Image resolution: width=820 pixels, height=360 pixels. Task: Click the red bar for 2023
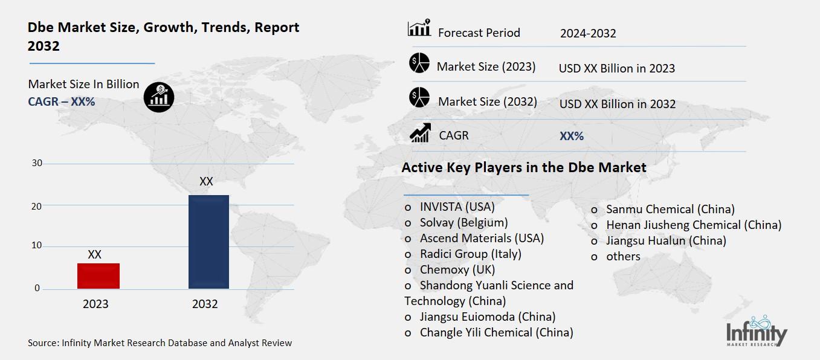[x=98, y=276]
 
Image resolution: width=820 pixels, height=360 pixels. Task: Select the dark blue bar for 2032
[x=208, y=242]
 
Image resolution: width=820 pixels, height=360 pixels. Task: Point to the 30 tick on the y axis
[x=37, y=163]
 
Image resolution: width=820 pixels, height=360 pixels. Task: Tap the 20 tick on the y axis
[x=37, y=206]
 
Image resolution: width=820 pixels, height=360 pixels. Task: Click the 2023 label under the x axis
[x=95, y=304]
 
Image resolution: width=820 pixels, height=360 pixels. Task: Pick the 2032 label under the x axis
[x=205, y=304]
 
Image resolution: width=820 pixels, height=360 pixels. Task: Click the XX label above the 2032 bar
[x=206, y=181]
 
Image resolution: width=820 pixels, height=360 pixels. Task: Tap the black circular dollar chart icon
[x=159, y=97]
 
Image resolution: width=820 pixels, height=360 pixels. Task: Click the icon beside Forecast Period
[x=419, y=28]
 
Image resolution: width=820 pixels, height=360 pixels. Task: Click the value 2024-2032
[x=588, y=33]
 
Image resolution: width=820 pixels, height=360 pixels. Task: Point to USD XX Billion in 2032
[x=617, y=104]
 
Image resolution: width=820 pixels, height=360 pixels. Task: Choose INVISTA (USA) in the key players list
[x=457, y=207]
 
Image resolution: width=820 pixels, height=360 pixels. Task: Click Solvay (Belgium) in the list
[x=463, y=222]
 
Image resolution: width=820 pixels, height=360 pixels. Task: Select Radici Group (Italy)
[x=470, y=254]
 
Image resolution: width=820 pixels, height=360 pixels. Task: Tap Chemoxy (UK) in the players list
[x=457, y=269]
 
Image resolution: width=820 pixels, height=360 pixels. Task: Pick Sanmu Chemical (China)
[x=670, y=209]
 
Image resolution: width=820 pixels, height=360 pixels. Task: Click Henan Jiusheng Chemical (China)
[x=694, y=225]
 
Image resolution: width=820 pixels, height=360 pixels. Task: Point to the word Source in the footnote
[x=42, y=343]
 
